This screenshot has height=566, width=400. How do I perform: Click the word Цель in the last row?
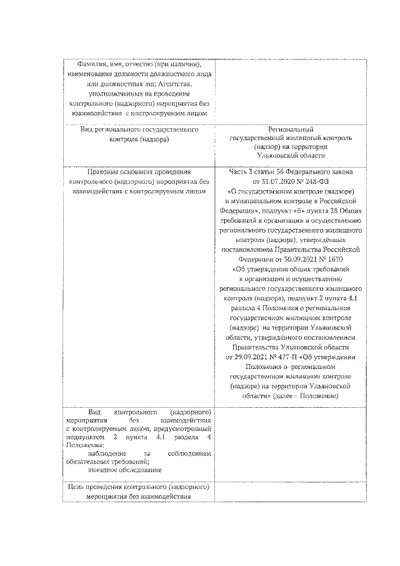coord(78,487)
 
